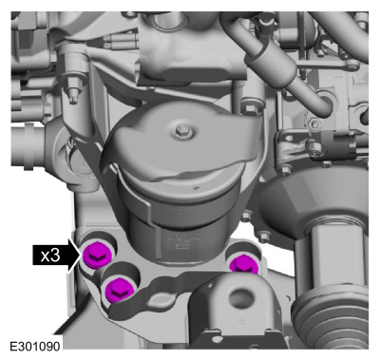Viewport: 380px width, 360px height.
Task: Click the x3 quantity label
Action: pos(50,256)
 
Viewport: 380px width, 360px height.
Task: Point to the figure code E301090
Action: pos(35,346)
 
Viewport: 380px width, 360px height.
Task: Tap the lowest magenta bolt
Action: pos(119,288)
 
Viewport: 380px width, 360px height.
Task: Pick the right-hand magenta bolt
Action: pos(244,265)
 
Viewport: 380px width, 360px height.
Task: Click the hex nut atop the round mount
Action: pos(180,129)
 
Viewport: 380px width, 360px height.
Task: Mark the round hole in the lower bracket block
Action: pos(239,297)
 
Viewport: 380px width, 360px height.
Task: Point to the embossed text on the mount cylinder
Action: pos(182,241)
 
